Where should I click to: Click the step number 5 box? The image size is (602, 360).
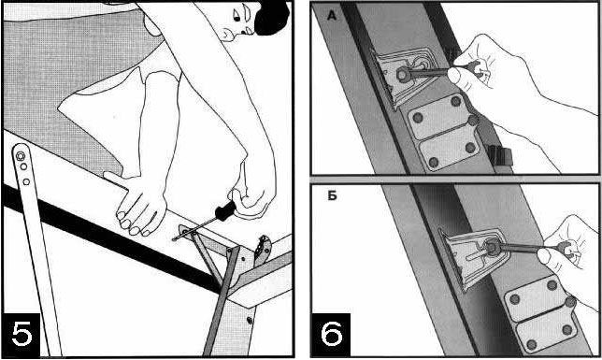coord(21,334)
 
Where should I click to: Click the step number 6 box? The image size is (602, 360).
coord(331,334)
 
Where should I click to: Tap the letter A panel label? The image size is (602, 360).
coord(332,16)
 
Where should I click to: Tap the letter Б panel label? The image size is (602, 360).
coord(332,195)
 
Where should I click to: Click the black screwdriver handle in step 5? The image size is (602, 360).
coord(225,210)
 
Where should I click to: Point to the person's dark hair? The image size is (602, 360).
coord(272,17)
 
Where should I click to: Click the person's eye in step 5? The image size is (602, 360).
coord(236,17)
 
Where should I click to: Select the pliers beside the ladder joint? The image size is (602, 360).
coord(264,249)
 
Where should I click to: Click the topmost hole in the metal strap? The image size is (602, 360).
coord(20,156)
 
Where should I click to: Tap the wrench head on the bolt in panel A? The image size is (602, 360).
coord(402,74)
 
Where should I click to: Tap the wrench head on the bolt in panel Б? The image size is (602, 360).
coord(491,247)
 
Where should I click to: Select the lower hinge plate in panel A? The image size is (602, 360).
coord(450,149)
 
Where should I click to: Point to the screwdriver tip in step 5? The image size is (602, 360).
coord(174,239)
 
